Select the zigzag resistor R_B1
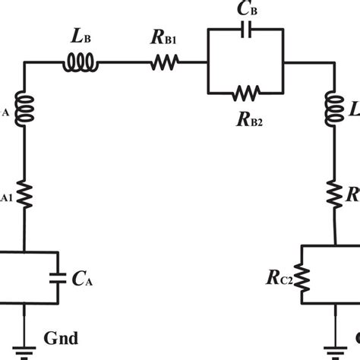coord(165,65)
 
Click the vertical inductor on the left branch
coord(24,112)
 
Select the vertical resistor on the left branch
coord(24,197)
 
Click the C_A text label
coord(84,279)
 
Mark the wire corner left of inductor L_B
coord(24,65)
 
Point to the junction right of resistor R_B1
coord(207,65)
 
